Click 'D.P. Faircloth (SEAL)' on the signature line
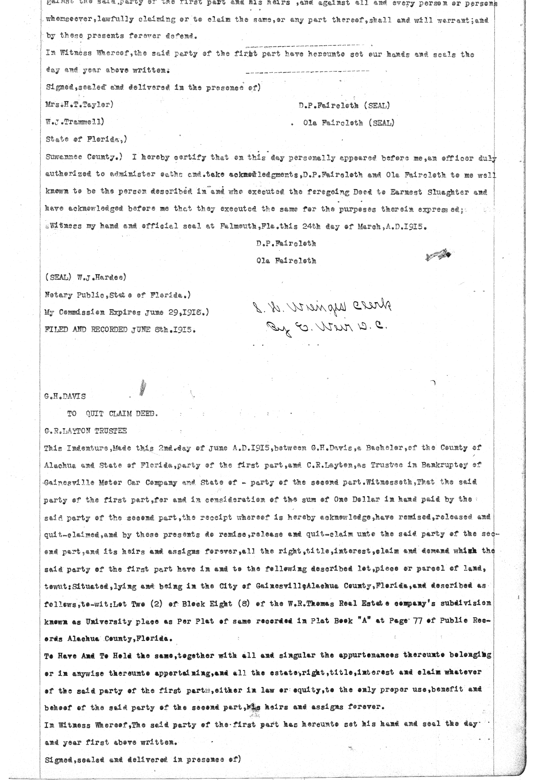pyautogui.click(x=344, y=106)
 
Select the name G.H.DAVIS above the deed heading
pyautogui.click(x=65, y=396)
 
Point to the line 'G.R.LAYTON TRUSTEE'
pyautogui.click(x=85, y=431)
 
